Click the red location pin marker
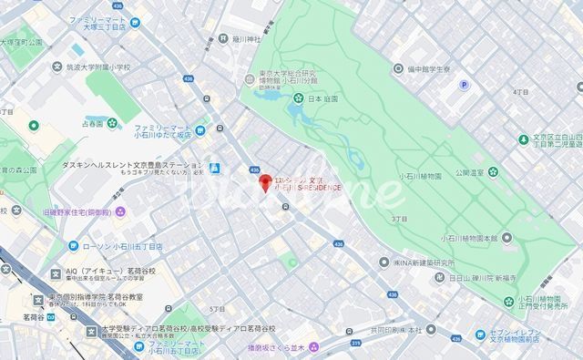[x=266, y=183]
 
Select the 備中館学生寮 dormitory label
[x=434, y=68]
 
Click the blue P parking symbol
[x=464, y=85]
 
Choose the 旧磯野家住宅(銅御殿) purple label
[x=77, y=212]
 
